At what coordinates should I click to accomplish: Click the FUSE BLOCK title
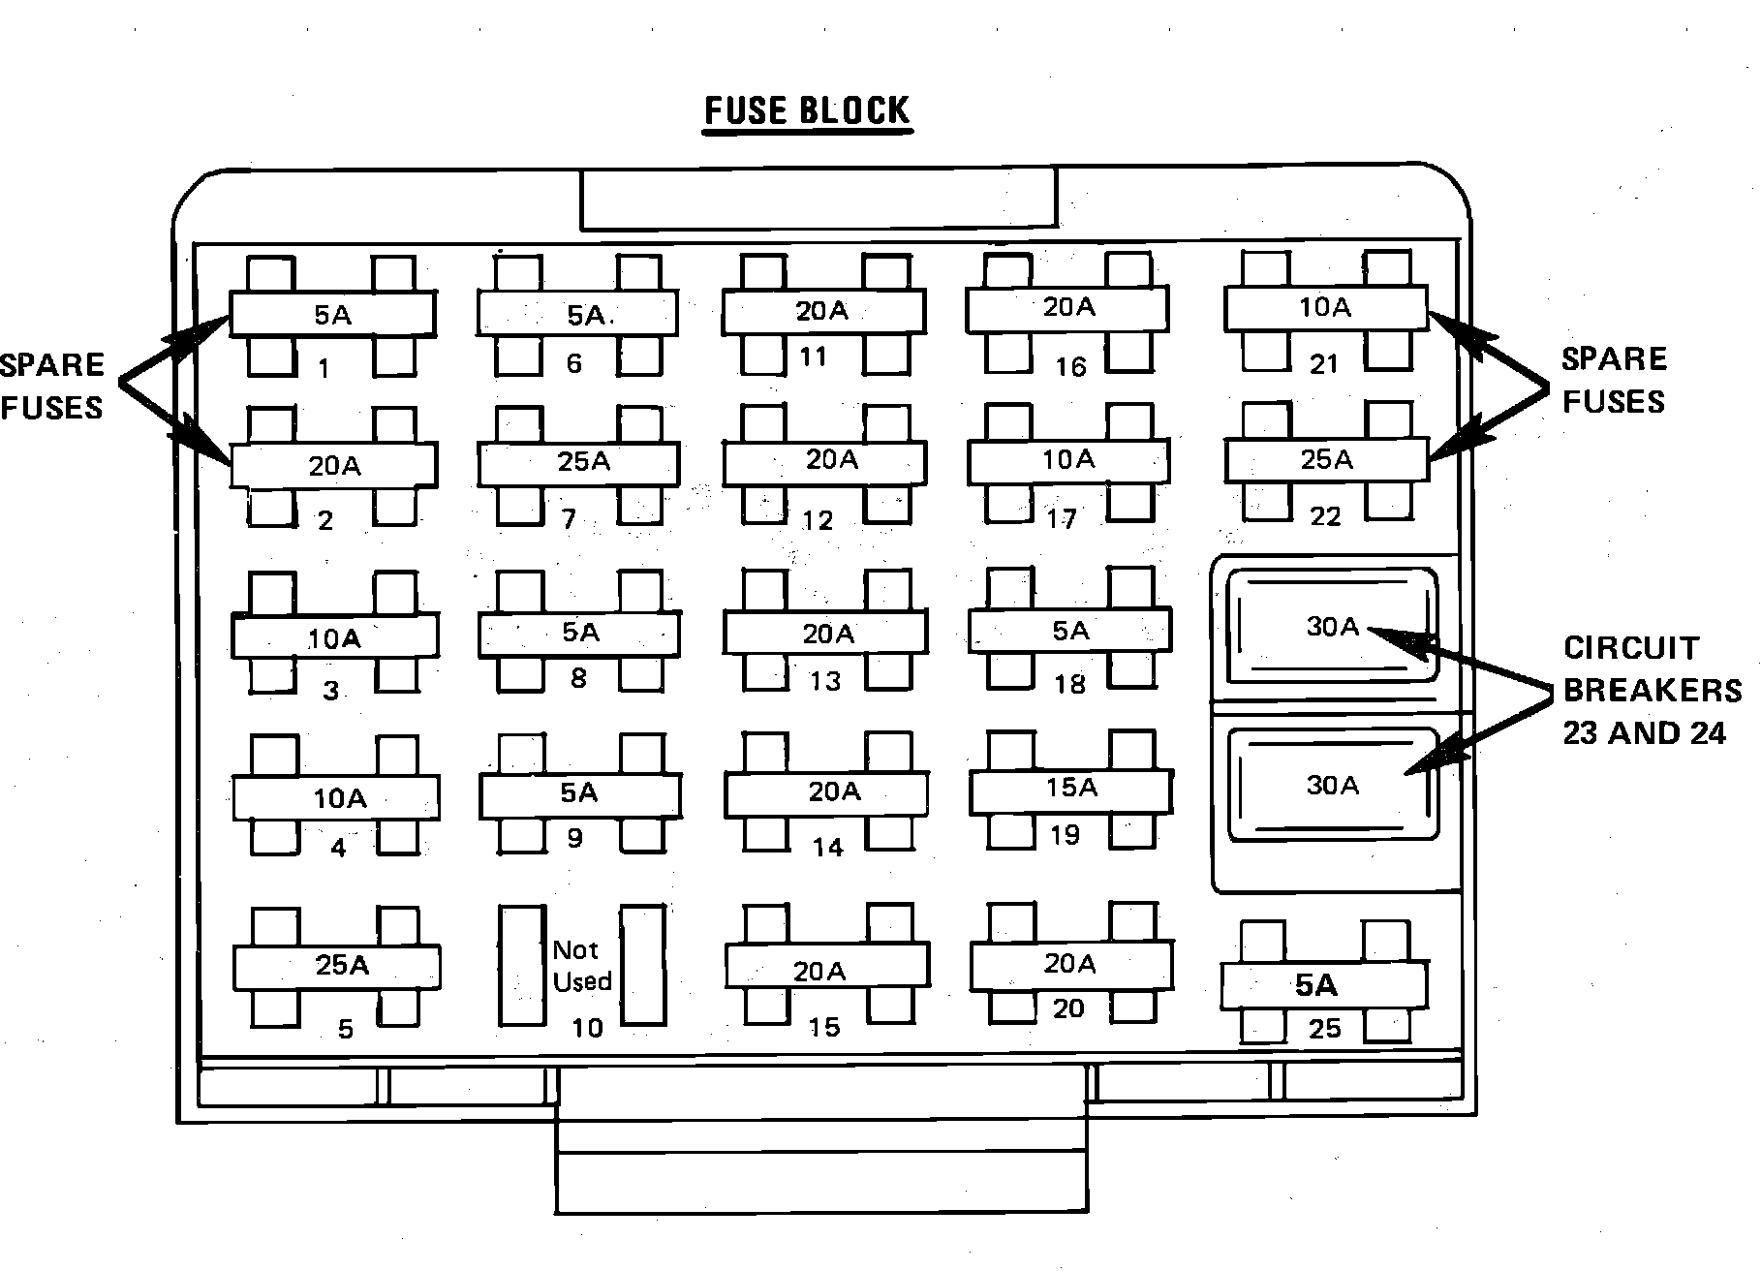(x=807, y=111)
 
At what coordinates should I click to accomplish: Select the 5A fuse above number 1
(x=332, y=315)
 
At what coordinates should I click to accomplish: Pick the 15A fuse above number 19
(x=1071, y=789)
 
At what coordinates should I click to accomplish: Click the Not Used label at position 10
(x=581, y=966)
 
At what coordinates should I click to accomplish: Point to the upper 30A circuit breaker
(x=1332, y=628)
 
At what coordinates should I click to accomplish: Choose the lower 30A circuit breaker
(x=1332, y=785)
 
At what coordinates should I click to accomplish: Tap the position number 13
(x=825, y=682)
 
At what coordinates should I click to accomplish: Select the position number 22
(x=1325, y=517)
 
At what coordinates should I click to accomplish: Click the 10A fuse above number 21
(x=1324, y=308)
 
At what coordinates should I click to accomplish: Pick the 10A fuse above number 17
(x=1068, y=459)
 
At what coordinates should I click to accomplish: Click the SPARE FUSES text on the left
(x=51, y=387)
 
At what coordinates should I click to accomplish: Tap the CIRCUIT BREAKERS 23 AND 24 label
(x=1652, y=690)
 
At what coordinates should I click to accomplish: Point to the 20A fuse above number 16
(x=1068, y=307)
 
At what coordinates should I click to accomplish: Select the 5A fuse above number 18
(x=1070, y=632)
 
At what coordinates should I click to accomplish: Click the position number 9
(x=575, y=838)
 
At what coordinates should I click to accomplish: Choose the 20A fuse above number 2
(x=334, y=466)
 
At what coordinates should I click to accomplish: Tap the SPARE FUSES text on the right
(x=1614, y=381)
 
